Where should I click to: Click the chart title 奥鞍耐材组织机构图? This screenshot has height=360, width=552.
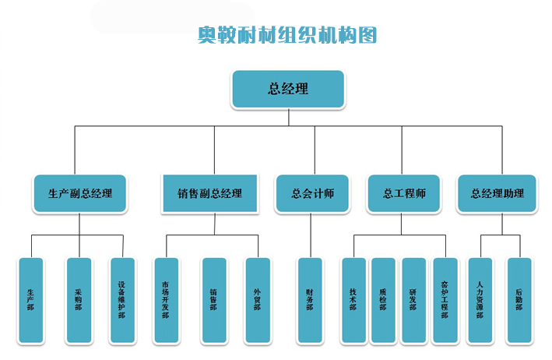(x=287, y=35)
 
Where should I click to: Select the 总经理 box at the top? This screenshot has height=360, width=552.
(x=287, y=89)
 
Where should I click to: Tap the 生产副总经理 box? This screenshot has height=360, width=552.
(x=80, y=193)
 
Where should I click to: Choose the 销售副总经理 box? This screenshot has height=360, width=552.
(x=209, y=193)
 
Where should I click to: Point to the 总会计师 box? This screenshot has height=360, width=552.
(x=312, y=193)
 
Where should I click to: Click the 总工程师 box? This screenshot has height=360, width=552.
(x=403, y=193)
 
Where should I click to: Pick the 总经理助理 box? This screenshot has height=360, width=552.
(x=497, y=193)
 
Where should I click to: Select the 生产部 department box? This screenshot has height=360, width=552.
(x=31, y=300)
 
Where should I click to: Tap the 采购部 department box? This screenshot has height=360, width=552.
(x=79, y=300)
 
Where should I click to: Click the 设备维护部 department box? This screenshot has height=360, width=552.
(x=121, y=300)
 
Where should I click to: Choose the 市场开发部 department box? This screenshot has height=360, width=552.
(x=166, y=300)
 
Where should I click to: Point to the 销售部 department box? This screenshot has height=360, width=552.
(x=213, y=300)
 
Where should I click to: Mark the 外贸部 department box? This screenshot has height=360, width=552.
(x=257, y=300)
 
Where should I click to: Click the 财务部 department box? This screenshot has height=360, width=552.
(x=310, y=300)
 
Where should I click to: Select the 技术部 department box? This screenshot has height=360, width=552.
(x=353, y=300)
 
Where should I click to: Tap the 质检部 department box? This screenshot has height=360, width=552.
(x=383, y=300)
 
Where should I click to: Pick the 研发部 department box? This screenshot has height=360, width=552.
(x=413, y=300)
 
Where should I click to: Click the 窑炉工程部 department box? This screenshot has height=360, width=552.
(x=444, y=300)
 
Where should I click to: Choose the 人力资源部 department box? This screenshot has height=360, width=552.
(x=480, y=300)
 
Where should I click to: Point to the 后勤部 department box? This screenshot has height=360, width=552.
(x=519, y=300)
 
